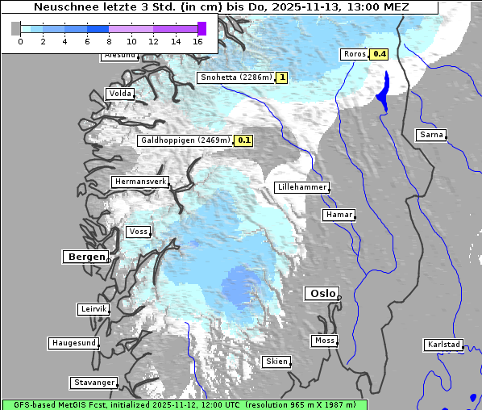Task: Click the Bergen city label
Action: [85, 257]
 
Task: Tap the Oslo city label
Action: [322, 294]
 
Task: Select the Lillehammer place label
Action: [301, 187]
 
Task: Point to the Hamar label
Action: [338, 215]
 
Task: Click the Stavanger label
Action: [93, 383]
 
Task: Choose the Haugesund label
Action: [73, 343]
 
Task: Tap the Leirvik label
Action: [93, 309]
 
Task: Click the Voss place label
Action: [138, 232]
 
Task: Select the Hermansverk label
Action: [139, 182]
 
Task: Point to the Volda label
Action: [119, 94]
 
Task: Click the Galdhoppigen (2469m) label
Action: [185, 140]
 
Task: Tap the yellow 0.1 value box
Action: [244, 140]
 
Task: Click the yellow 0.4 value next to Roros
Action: [379, 54]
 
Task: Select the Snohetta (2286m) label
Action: [235, 77]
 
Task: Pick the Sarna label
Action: [431, 135]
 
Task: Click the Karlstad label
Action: [443, 345]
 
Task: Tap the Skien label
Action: [276, 362]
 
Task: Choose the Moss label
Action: [324, 341]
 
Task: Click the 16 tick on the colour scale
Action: [198, 41]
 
